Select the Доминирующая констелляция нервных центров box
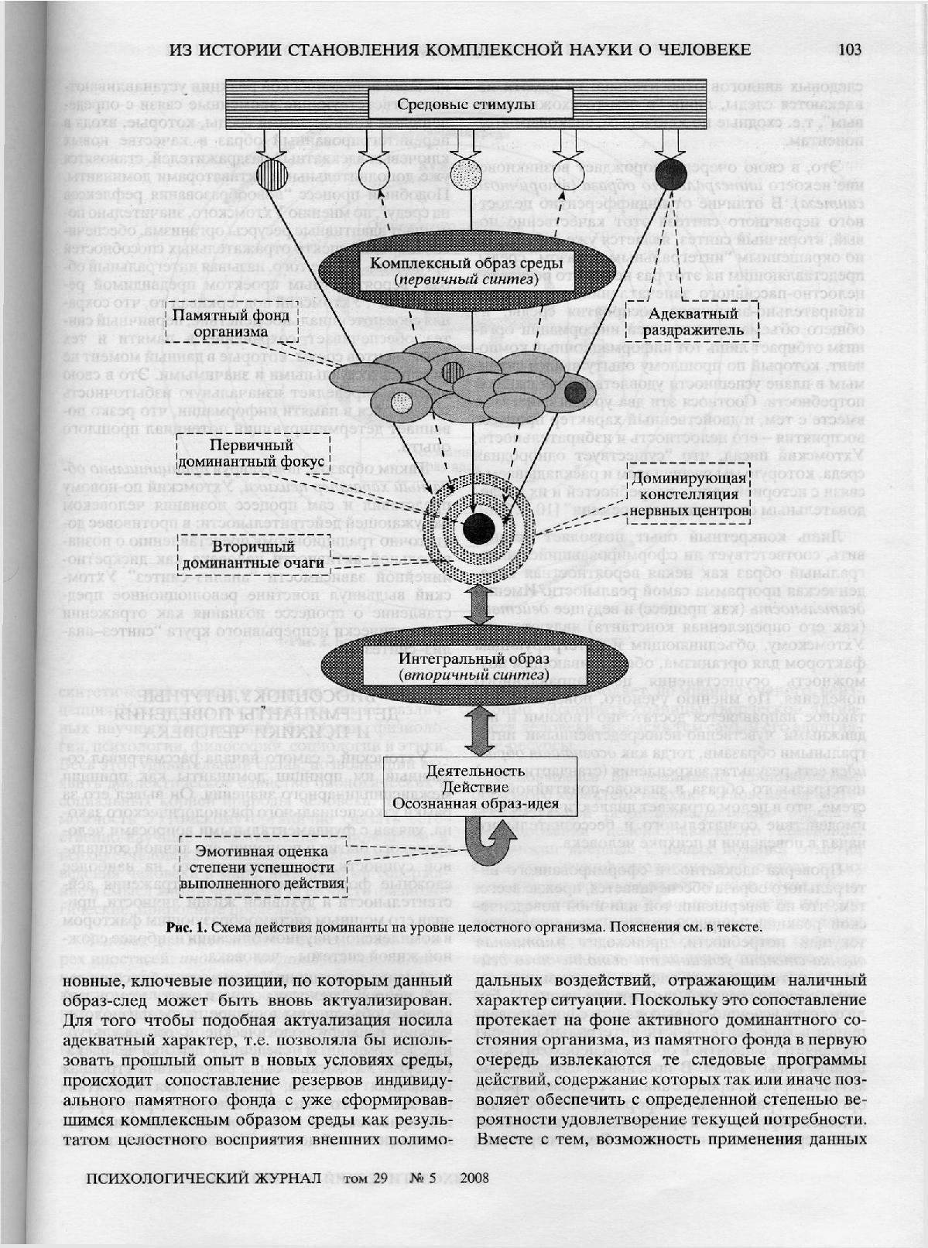(689, 494)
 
